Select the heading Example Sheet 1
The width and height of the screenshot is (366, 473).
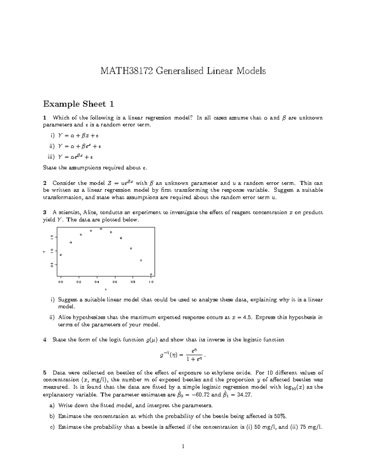[78, 104]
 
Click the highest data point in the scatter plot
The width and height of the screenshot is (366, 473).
[101, 229]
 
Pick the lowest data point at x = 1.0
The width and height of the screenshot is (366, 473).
[151, 274]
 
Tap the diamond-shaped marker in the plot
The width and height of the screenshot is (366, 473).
[141, 260]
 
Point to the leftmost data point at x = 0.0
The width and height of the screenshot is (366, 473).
[61, 255]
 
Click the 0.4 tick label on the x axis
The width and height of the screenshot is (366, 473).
[97, 282]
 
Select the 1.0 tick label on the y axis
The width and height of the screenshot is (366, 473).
[52, 250]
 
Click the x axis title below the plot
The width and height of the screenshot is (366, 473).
[106, 289]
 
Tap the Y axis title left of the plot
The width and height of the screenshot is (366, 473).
[44, 252]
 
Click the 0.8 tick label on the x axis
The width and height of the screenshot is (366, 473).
[133, 282]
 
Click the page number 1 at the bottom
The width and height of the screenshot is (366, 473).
[183, 447]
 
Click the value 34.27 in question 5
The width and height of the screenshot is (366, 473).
[244, 395]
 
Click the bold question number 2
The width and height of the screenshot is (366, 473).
[45, 183]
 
